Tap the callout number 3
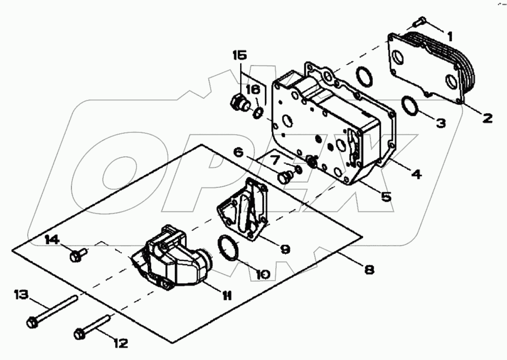440,124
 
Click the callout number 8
369,270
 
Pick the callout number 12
121,344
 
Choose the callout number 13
21,295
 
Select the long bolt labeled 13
53,310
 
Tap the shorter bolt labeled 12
93,327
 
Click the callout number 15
239,55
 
